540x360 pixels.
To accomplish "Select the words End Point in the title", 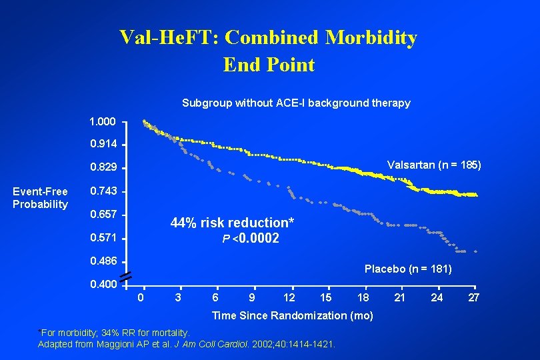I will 269,65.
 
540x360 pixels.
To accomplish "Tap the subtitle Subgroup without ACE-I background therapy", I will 296,103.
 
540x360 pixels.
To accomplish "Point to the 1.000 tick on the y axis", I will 103,123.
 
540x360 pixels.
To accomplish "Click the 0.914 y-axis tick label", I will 103,143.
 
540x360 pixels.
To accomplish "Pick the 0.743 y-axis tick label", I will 103,191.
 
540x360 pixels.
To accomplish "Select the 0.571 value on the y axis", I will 103,238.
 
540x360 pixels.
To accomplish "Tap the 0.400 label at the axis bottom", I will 103,285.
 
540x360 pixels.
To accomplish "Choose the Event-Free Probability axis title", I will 40,198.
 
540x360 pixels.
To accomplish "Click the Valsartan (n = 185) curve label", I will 434,165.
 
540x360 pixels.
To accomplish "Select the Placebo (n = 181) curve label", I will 408,269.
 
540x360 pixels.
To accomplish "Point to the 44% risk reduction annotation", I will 232,222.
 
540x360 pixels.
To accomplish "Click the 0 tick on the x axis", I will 140,297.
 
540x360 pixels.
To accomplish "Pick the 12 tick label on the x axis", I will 289,297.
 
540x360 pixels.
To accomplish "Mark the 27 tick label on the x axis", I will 473,297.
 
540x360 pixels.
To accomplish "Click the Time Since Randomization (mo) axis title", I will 292,315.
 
